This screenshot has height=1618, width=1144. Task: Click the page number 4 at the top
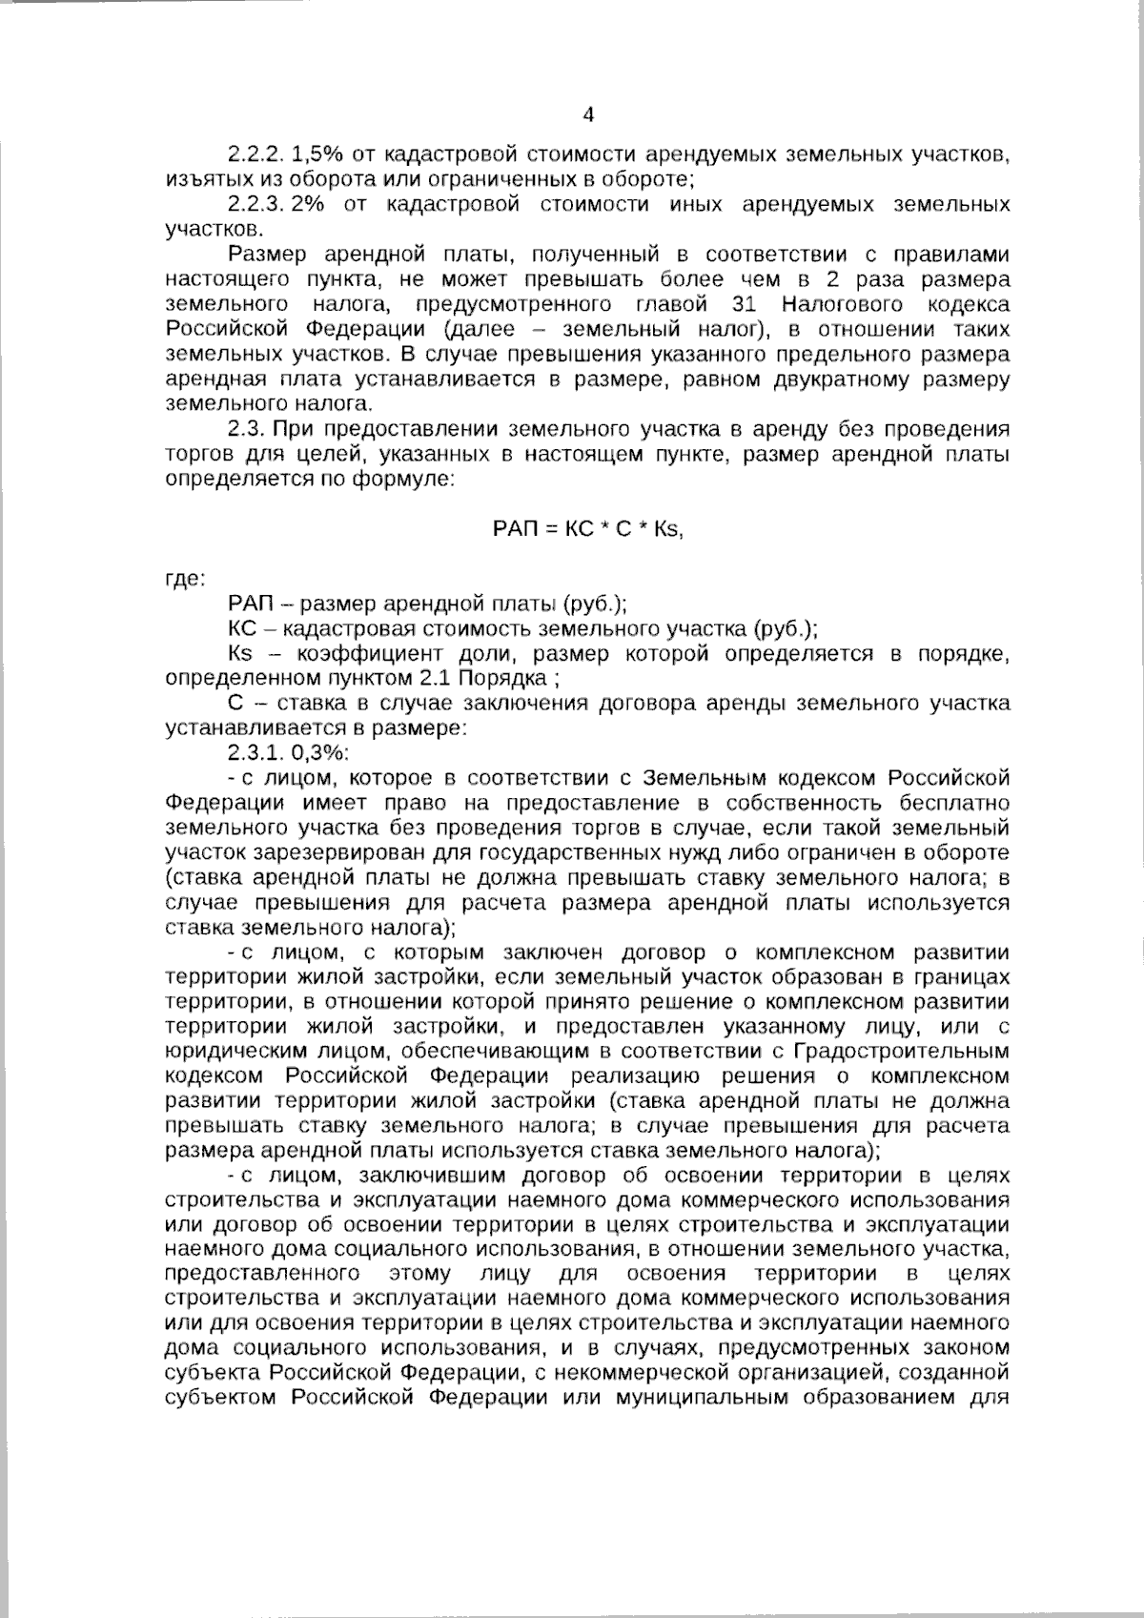588,115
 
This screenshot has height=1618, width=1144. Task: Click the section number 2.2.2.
255,154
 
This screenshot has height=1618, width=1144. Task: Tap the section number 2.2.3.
255,204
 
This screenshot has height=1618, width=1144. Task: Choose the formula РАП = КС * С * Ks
588,529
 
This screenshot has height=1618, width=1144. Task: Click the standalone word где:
182,579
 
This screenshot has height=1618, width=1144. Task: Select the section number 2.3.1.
255,753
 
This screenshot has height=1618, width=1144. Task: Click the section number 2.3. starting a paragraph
246,429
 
